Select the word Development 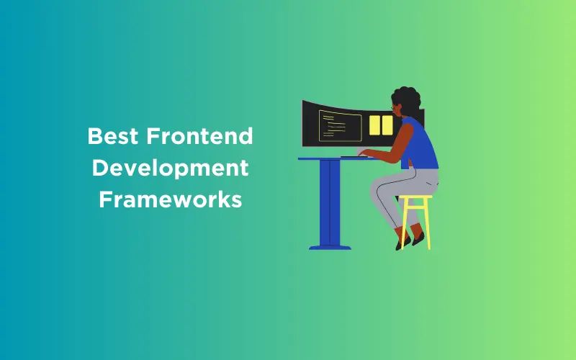click(x=170, y=168)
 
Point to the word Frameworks click(x=170, y=199)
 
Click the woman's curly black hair click(x=408, y=101)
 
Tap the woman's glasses click(x=394, y=109)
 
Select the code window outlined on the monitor click(x=340, y=125)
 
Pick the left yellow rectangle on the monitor click(x=374, y=125)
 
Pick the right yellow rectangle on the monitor click(x=387, y=125)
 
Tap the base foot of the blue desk click(x=330, y=247)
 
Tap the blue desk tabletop click(x=317, y=158)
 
